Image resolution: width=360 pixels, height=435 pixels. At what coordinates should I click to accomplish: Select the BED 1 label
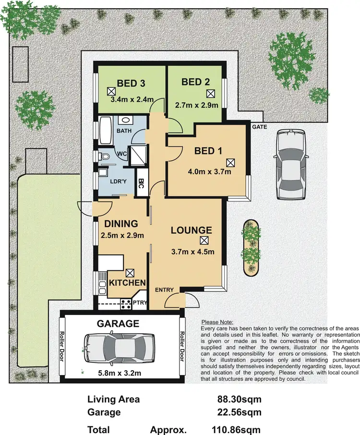tap(208, 151)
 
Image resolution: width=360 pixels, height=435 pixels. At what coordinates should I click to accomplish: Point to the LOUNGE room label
tap(192, 230)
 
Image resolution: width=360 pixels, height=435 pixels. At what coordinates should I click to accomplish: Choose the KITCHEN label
tap(127, 283)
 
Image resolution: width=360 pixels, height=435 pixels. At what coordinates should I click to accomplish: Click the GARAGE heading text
tap(119, 323)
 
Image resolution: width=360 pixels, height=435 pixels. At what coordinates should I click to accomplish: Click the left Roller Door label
tap(62, 347)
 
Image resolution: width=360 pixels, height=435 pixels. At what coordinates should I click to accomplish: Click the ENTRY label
tap(164, 290)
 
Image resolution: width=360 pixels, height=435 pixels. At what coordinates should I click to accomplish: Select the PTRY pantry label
tap(140, 302)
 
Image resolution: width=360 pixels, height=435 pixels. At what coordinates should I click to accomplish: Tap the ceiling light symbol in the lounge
tap(204, 241)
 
